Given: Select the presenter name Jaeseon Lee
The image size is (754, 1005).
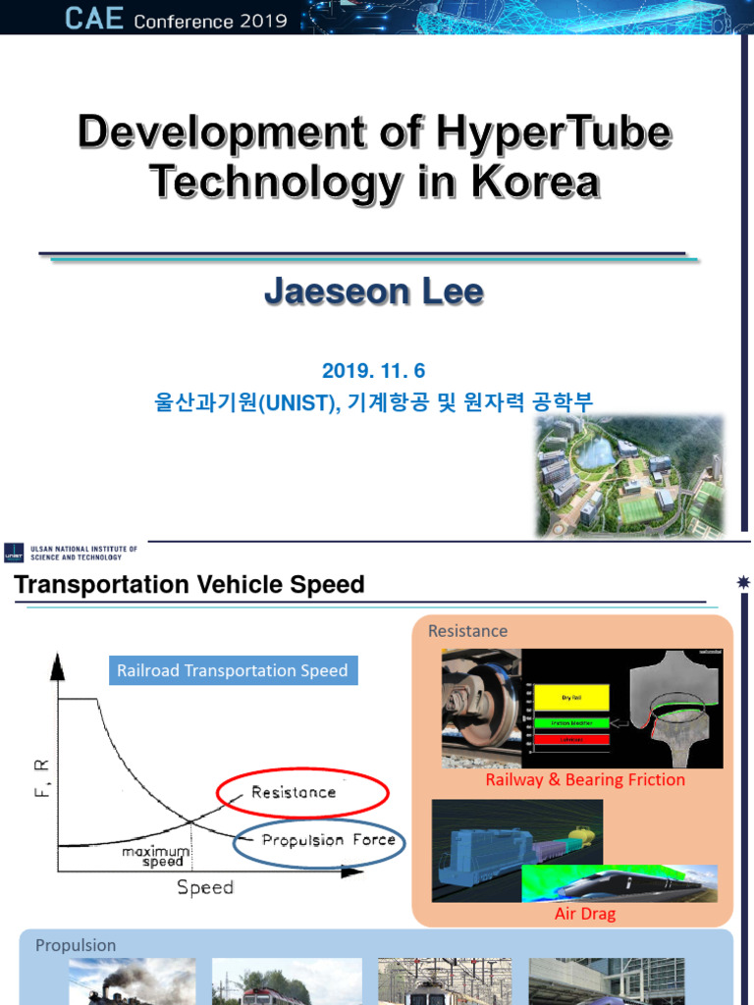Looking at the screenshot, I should pos(374,292).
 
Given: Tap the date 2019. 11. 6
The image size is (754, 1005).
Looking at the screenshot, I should pos(374,370).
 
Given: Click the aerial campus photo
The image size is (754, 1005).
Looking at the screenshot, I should pos(629,475).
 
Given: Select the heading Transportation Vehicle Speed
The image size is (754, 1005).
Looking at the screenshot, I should pos(188,585).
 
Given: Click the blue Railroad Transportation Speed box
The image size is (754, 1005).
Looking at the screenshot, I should pos(233,671).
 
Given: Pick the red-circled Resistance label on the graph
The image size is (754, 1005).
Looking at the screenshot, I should pos(294,792).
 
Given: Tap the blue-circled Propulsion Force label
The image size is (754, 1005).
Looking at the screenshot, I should pos(329,840).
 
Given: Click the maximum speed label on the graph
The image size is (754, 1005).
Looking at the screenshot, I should pos(155,857).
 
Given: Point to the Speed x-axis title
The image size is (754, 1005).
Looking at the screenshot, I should pos(205,887).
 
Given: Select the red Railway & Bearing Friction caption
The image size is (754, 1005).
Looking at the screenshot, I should pos(585,779).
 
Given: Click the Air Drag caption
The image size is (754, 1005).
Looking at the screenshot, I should pos(585,914).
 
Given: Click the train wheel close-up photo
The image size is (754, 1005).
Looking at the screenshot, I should pos(481,707).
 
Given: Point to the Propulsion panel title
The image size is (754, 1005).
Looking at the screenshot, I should pos(76,945).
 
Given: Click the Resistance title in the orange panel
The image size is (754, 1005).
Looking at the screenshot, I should pos(467,631).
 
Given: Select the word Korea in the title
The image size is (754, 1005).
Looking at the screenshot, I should pos(535,183).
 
